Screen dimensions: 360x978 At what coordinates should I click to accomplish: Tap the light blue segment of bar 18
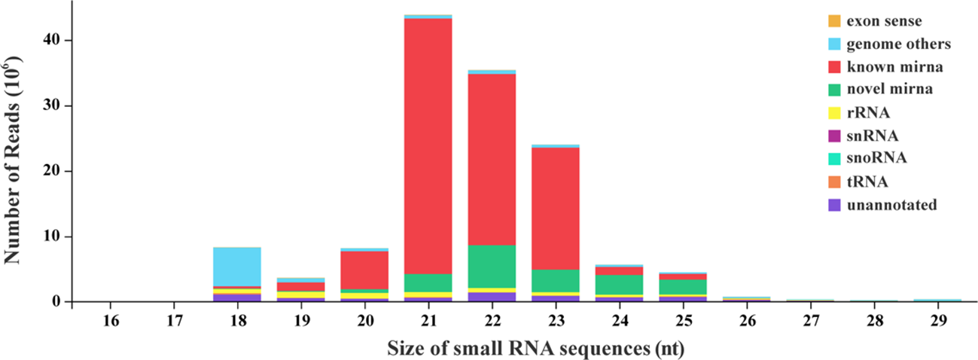tap(238, 266)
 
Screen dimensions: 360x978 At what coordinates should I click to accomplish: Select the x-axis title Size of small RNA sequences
tap(535, 349)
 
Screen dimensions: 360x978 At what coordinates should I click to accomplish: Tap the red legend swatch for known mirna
tap(833, 67)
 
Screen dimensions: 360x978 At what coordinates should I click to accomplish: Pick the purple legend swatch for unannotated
tap(833, 204)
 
